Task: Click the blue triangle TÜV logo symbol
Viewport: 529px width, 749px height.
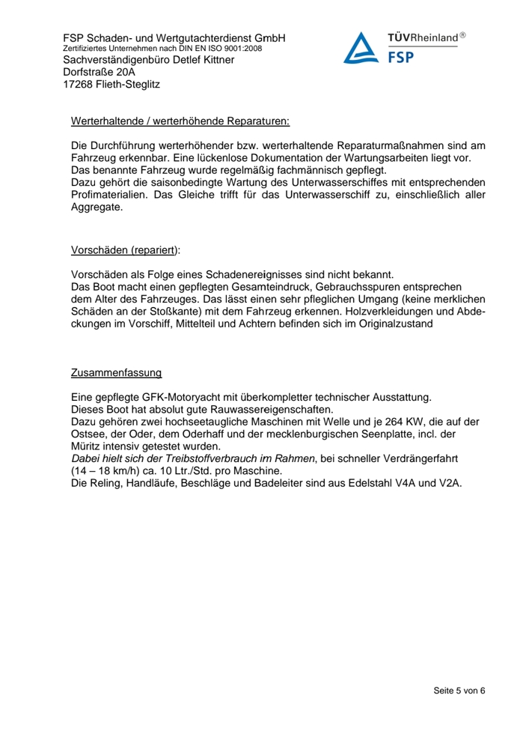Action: click(x=362, y=47)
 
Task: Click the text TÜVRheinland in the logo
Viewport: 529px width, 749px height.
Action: click(x=422, y=37)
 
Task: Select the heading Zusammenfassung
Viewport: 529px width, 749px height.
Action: click(x=116, y=372)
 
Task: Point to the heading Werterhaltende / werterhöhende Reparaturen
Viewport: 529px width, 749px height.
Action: click(x=180, y=121)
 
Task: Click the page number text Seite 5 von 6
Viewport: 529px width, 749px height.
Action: click(x=459, y=690)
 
